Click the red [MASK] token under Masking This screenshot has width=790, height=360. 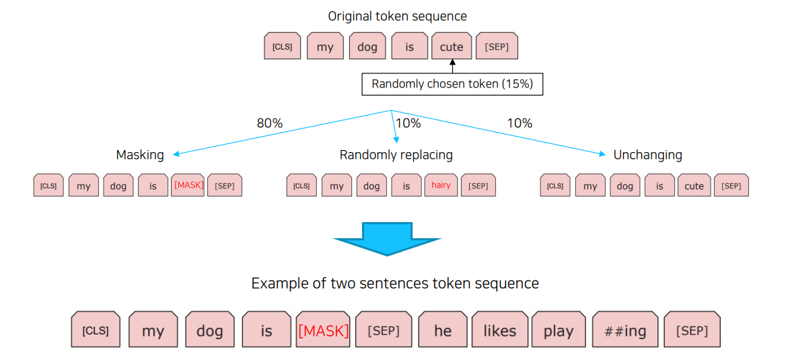tap(188, 185)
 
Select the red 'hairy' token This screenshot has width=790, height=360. tap(441, 185)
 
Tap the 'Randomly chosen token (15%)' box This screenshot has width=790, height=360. tap(452, 85)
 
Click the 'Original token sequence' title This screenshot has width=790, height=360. tap(397, 15)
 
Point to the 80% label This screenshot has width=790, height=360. tap(269, 123)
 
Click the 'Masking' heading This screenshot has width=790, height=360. tap(140, 155)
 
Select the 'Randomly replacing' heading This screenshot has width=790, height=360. tap(396, 155)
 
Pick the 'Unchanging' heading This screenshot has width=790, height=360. tap(647, 155)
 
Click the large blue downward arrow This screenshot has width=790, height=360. tap(388, 239)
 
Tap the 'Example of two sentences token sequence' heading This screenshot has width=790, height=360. tap(395, 283)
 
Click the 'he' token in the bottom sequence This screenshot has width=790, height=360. tap(443, 330)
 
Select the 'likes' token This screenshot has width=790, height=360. tap(499, 330)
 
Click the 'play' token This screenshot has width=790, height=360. tap(559, 330)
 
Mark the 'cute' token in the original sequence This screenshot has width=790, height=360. tap(451, 46)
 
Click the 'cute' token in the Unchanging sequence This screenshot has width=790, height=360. tap(694, 186)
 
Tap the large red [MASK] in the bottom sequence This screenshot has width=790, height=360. tap(323, 330)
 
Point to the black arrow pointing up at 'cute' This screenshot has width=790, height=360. tap(452, 66)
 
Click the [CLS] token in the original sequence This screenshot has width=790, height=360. tap(282, 46)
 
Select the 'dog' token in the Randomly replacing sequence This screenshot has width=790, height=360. tap(371, 186)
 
